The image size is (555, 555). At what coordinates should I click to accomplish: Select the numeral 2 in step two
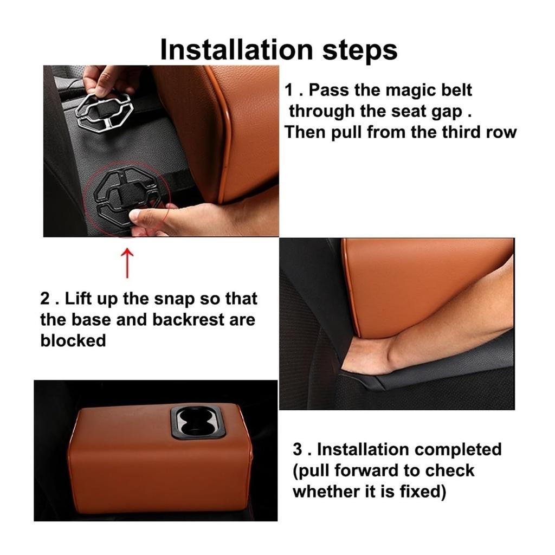click(46, 299)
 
